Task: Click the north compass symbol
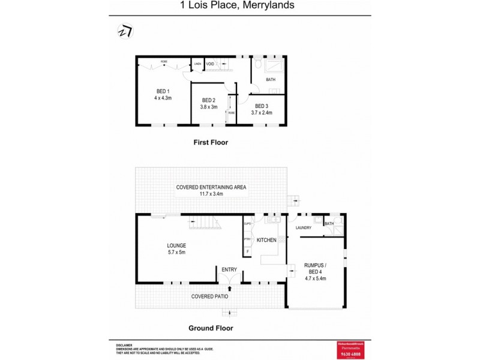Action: pos(125,31)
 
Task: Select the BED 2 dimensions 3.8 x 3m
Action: pos(209,107)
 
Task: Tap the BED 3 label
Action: pos(262,106)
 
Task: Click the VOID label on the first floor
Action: pos(210,64)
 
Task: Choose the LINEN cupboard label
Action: pos(197,64)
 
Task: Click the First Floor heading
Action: pos(211,142)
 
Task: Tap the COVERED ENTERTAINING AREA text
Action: pos(211,187)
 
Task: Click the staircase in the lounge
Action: pos(205,223)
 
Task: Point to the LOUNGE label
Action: pos(176,245)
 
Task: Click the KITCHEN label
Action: pos(266,240)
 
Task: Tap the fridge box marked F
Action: pos(247,251)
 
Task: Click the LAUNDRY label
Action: pos(303,227)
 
